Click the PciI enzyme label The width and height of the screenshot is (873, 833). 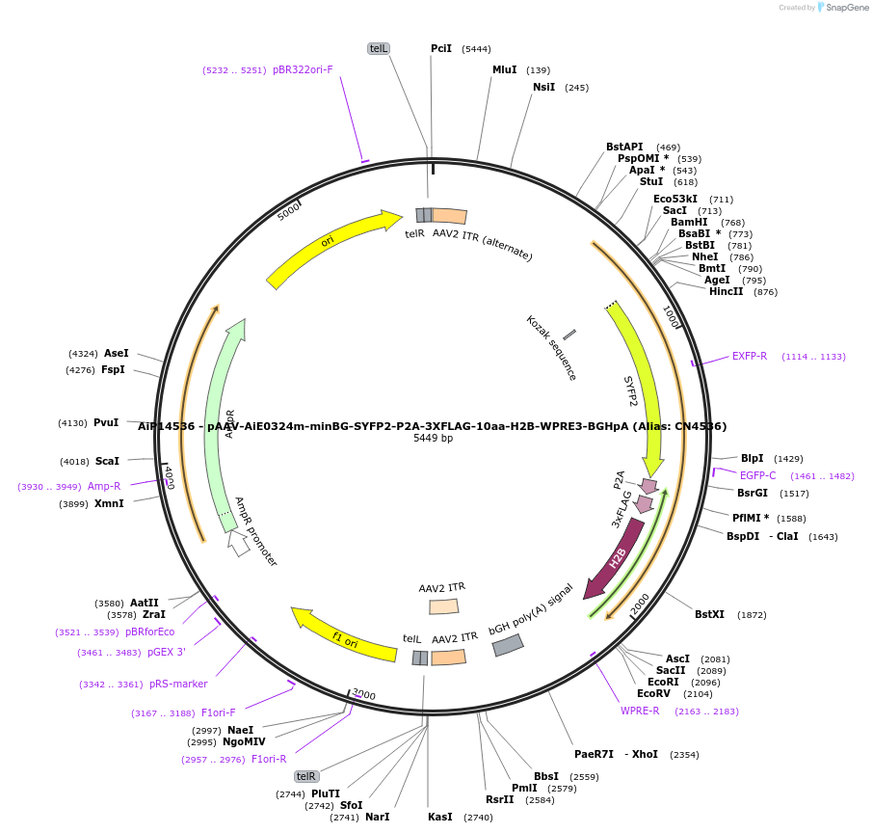pyautogui.click(x=441, y=48)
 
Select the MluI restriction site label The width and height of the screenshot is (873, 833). pyautogui.click(x=505, y=69)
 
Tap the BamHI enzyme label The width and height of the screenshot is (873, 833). pyautogui.click(x=689, y=223)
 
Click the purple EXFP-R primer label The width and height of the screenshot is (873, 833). pyautogui.click(x=750, y=356)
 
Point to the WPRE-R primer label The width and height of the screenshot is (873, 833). pyautogui.click(x=640, y=712)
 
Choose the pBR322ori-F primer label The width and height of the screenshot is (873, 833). pyautogui.click(x=303, y=69)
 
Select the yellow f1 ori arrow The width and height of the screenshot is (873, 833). pyautogui.click(x=344, y=635)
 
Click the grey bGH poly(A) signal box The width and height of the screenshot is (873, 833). pyautogui.click(x=508, y=645)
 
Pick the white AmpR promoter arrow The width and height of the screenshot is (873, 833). pyautogui.click(x=238, y=543)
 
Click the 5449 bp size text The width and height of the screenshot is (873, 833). pyautogui.click(x=433, y=439)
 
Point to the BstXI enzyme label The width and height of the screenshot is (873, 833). pyautogui.click(x=709, y=614)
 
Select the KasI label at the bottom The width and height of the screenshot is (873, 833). pyautogui.click(x=440, y=817)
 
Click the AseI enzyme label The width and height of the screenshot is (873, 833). pyautogui.click(x=117, y=354)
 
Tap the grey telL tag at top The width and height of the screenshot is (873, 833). pyautogui.click(x=379, y=48)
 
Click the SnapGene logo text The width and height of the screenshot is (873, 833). pyautogui.click(x=845, y=8)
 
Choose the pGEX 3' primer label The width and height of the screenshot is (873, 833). pyautogui.click(x=167, y=652)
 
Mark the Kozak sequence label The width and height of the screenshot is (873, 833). pyautogui.click(x=551, y=347)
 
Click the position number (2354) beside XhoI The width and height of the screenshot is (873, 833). pyautogui.click(x=684, y=754)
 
